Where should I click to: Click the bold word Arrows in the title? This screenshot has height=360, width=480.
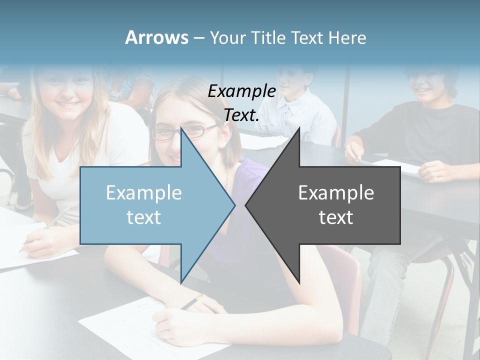point(156,37)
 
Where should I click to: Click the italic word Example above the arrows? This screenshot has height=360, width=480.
point(241,91)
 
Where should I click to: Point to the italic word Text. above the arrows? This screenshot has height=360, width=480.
point(241,115)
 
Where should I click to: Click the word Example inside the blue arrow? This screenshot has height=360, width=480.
point(144,192)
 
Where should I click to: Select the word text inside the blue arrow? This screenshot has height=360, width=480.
point(144,217)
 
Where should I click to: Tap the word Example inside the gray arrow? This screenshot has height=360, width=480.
point(336,192)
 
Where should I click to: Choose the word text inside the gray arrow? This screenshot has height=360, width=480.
point(336,217)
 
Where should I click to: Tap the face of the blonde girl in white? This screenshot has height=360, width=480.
point(66,90)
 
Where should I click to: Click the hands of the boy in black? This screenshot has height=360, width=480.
point(435,170)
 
